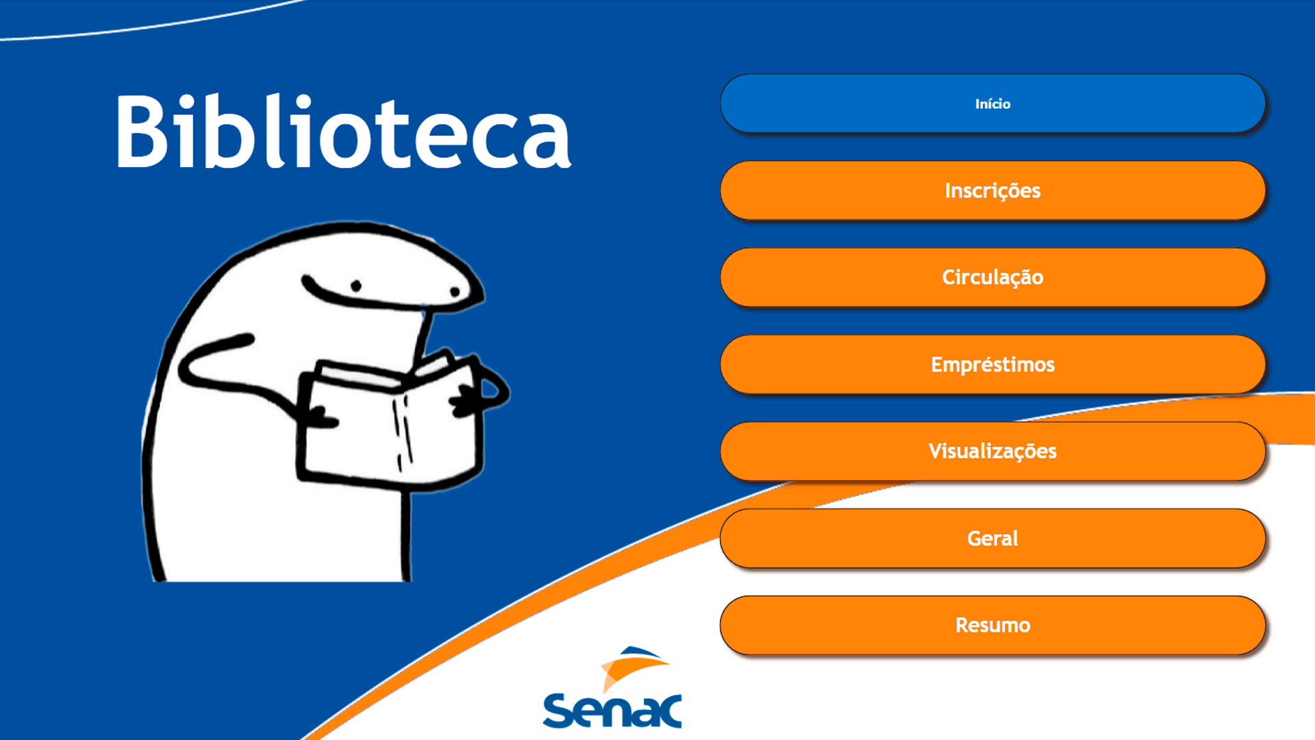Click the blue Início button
click(992, 103)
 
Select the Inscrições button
click(992, 190)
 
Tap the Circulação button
click(992, 277)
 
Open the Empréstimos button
click(992, 365)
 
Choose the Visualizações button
click(992, 452)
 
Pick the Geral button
click(992, 539)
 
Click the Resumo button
click(992, 626)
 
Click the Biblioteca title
click(342, 132)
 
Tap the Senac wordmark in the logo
click(612, 711)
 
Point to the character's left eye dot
click(356, 286)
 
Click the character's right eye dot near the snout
click(455, 292)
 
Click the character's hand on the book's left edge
click(316, 415)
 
